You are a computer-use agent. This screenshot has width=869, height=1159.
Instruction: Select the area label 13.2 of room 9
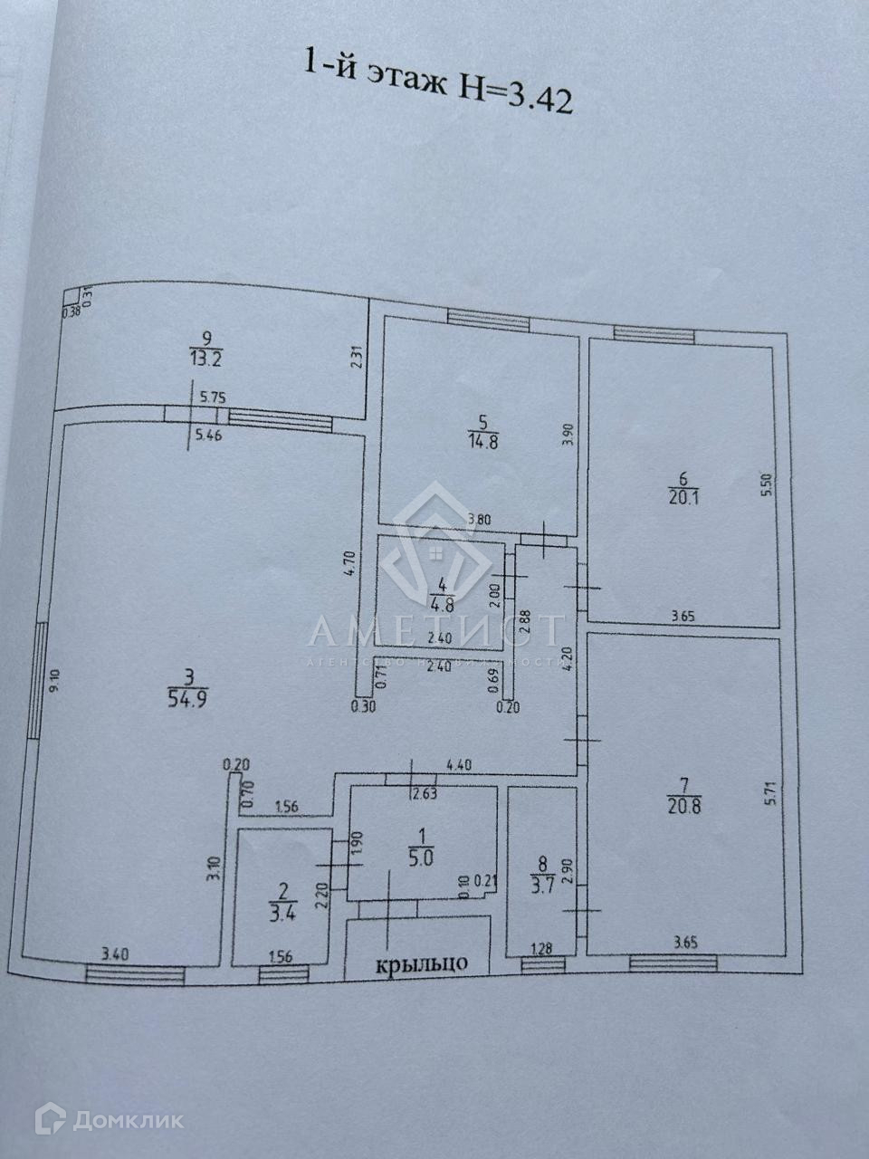pos(206,357)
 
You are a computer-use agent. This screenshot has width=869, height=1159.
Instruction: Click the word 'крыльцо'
pos(422,963)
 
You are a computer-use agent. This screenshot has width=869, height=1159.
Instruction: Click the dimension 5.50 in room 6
pos(766,490)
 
